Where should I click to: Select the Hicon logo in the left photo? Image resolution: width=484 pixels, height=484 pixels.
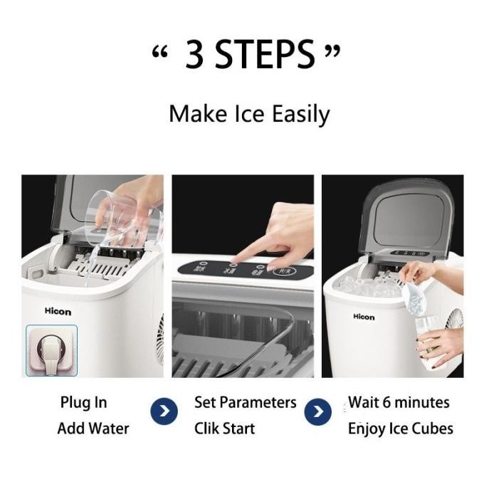58,311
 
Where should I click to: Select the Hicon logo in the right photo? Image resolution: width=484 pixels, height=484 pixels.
364,317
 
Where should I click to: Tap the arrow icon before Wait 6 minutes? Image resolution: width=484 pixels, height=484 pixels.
318,411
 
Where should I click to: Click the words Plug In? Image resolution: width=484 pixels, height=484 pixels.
83,403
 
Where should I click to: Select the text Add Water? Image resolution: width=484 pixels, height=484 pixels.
93,428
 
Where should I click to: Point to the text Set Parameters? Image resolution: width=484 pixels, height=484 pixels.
245,403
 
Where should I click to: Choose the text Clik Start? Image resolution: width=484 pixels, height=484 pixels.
224,428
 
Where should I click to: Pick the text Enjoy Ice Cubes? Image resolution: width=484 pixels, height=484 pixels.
400,428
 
